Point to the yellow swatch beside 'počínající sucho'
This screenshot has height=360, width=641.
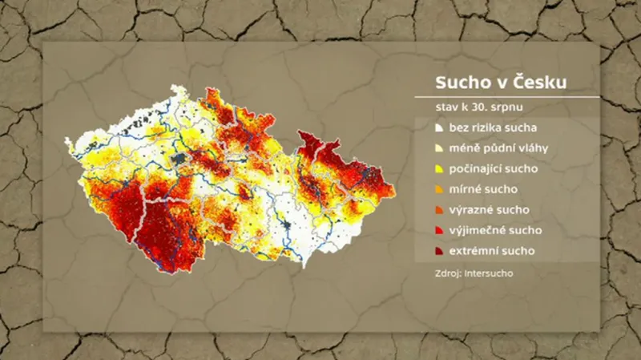(438, 169)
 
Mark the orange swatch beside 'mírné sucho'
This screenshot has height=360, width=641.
(438, 190)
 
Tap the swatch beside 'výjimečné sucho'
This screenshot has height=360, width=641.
(438, 231)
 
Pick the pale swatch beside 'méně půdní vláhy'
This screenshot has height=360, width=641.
(438, 148)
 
